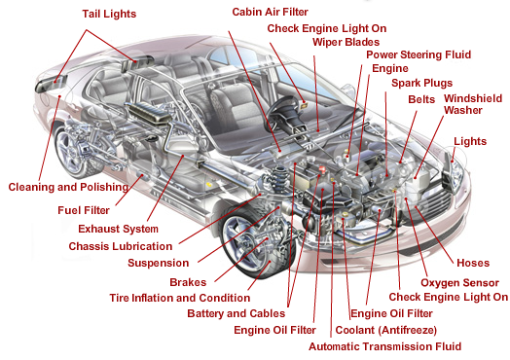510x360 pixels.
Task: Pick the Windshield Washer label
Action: click(x=473, y=104)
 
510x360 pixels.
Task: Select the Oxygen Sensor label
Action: click(x=453, y=282)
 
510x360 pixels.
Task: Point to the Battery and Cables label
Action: click(x=237, y=313)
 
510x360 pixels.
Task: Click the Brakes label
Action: click(x=188, y=281)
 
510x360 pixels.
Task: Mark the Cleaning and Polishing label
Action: click(x=67, y=186)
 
